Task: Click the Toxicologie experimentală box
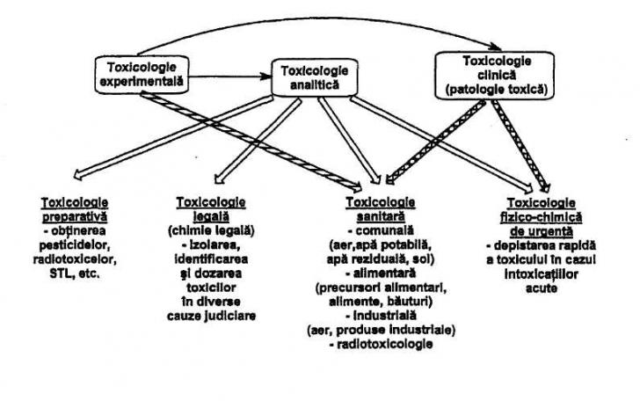[140, 74]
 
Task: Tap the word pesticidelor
[80, 247]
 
